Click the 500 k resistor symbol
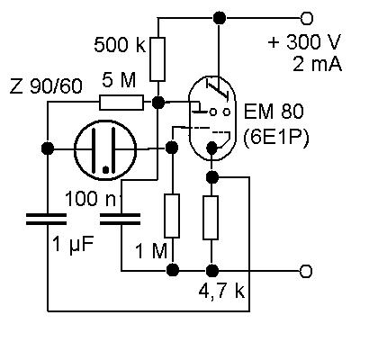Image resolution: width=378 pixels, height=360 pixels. (157, 59)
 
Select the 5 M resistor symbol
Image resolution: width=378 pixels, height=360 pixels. (121, 103)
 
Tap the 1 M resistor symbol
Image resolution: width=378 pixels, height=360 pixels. (172, 216)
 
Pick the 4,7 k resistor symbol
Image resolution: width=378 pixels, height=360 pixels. (211, 218)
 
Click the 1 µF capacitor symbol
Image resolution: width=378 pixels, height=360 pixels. (47, 219)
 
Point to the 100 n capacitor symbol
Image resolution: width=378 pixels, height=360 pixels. (120, 219)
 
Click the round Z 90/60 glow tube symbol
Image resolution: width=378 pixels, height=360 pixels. (105, 149)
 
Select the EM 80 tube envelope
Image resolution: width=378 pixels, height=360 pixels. (211, 118)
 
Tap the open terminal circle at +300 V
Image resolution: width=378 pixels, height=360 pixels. (306, 18)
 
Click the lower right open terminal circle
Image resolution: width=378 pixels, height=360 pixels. (306, 271)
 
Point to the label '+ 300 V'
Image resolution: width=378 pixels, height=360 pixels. (304, 41)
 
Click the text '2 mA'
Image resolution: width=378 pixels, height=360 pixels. (317, 64)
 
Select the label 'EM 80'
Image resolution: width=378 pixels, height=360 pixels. (274, 111)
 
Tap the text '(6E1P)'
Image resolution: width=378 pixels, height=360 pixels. (275, 138)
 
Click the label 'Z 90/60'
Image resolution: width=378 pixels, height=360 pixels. (46, 86)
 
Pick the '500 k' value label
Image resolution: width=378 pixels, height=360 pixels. (120, 45)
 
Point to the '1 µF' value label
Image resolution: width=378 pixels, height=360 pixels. (73, 244)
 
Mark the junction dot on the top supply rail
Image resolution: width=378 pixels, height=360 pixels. (220, 18)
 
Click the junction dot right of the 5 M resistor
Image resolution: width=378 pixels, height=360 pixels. (157, 103)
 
